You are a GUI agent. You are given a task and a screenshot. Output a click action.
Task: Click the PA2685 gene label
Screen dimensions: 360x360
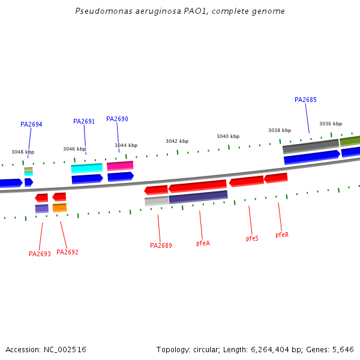[x=305, y=100]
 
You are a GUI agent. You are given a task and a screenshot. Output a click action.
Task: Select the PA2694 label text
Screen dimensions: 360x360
[x=31, y=125]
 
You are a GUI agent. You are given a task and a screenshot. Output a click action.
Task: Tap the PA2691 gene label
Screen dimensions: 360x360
[x=84, y=121]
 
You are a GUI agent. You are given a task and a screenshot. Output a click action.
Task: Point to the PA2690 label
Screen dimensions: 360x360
[x=117, y=119]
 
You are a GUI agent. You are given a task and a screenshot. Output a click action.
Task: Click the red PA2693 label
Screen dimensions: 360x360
[x=40, y=254]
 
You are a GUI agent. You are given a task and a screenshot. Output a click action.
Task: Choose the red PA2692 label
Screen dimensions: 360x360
[x=67, y=252]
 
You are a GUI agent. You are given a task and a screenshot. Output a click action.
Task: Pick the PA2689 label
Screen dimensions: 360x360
[x=161, y=245]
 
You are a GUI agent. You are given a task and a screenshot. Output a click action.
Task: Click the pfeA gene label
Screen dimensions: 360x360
[x=203, y=243]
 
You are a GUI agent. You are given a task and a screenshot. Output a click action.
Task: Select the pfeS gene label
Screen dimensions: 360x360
[x=252, y=238]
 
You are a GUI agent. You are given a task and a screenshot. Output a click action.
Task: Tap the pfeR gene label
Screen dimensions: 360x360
[x=282, y=235]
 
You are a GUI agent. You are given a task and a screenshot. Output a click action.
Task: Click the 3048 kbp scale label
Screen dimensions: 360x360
[x=23, y=152]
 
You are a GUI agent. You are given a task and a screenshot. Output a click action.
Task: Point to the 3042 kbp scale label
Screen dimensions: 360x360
[x=177, y=141]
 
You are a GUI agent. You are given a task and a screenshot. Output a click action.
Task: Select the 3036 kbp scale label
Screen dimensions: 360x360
[x=330, y=124]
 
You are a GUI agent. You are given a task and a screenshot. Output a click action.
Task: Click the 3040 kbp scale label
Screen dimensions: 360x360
[x=228, y=136]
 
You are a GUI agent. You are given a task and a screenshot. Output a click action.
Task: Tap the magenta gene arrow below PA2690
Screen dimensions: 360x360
[x=120, y=166]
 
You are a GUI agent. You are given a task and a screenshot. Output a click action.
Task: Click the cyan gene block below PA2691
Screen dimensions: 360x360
[x=86, y=168]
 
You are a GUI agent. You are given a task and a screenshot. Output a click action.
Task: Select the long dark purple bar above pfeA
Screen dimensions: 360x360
[x=198, y=196]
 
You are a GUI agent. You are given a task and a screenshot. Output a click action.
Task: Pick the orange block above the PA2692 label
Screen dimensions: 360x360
[x=59, y=208]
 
